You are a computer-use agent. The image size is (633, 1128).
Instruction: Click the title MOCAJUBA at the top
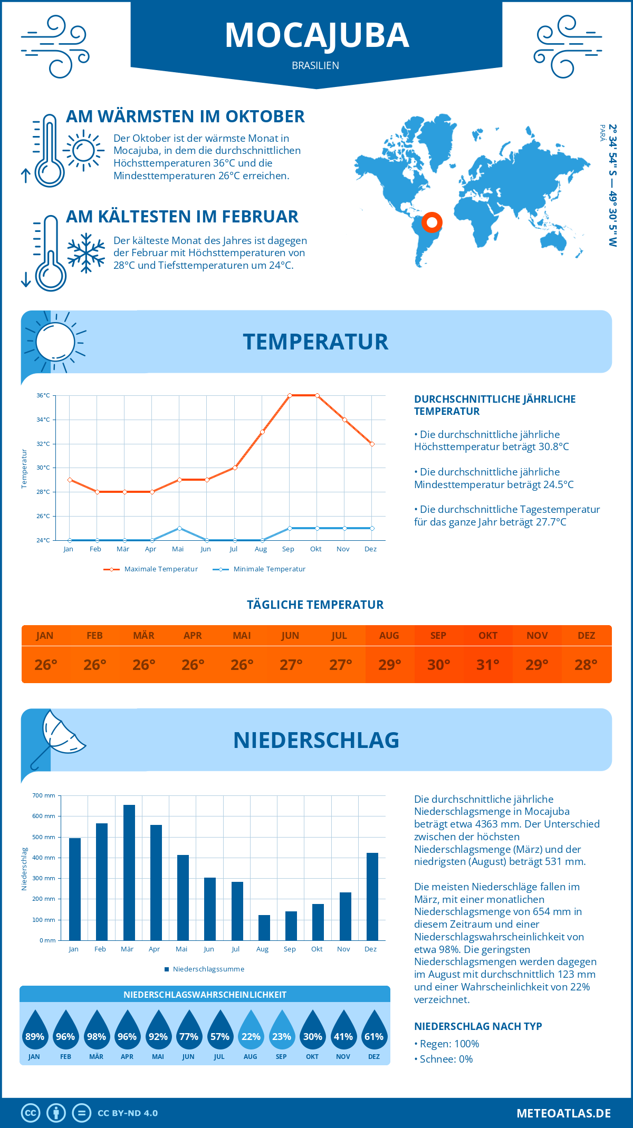(316, 35)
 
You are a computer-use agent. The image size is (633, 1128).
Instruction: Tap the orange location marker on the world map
(432, 222)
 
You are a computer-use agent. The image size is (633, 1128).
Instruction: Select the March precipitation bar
(129, 872)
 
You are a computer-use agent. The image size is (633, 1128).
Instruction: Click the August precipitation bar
(264, 928)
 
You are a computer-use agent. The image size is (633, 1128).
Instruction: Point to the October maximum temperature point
(317, 395)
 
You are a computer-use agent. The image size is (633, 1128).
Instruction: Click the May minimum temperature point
(179, 528)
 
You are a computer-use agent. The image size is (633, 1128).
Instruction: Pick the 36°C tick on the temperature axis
(43, 395)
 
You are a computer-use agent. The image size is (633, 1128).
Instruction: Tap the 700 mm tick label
(44, 795)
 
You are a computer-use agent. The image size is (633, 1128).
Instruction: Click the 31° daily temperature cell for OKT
(488, 665)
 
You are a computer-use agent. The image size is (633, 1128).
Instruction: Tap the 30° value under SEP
(438, 665)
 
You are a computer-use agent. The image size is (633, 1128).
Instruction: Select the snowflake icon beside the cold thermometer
(86, 253)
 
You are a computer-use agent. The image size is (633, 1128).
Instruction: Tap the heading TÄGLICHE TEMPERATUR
(315, 605)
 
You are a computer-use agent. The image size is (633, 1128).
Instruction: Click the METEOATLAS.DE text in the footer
(563, 1113)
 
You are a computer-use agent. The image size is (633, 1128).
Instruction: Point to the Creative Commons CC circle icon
(31, 1113)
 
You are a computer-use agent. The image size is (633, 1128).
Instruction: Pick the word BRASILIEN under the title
(315, 65)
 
